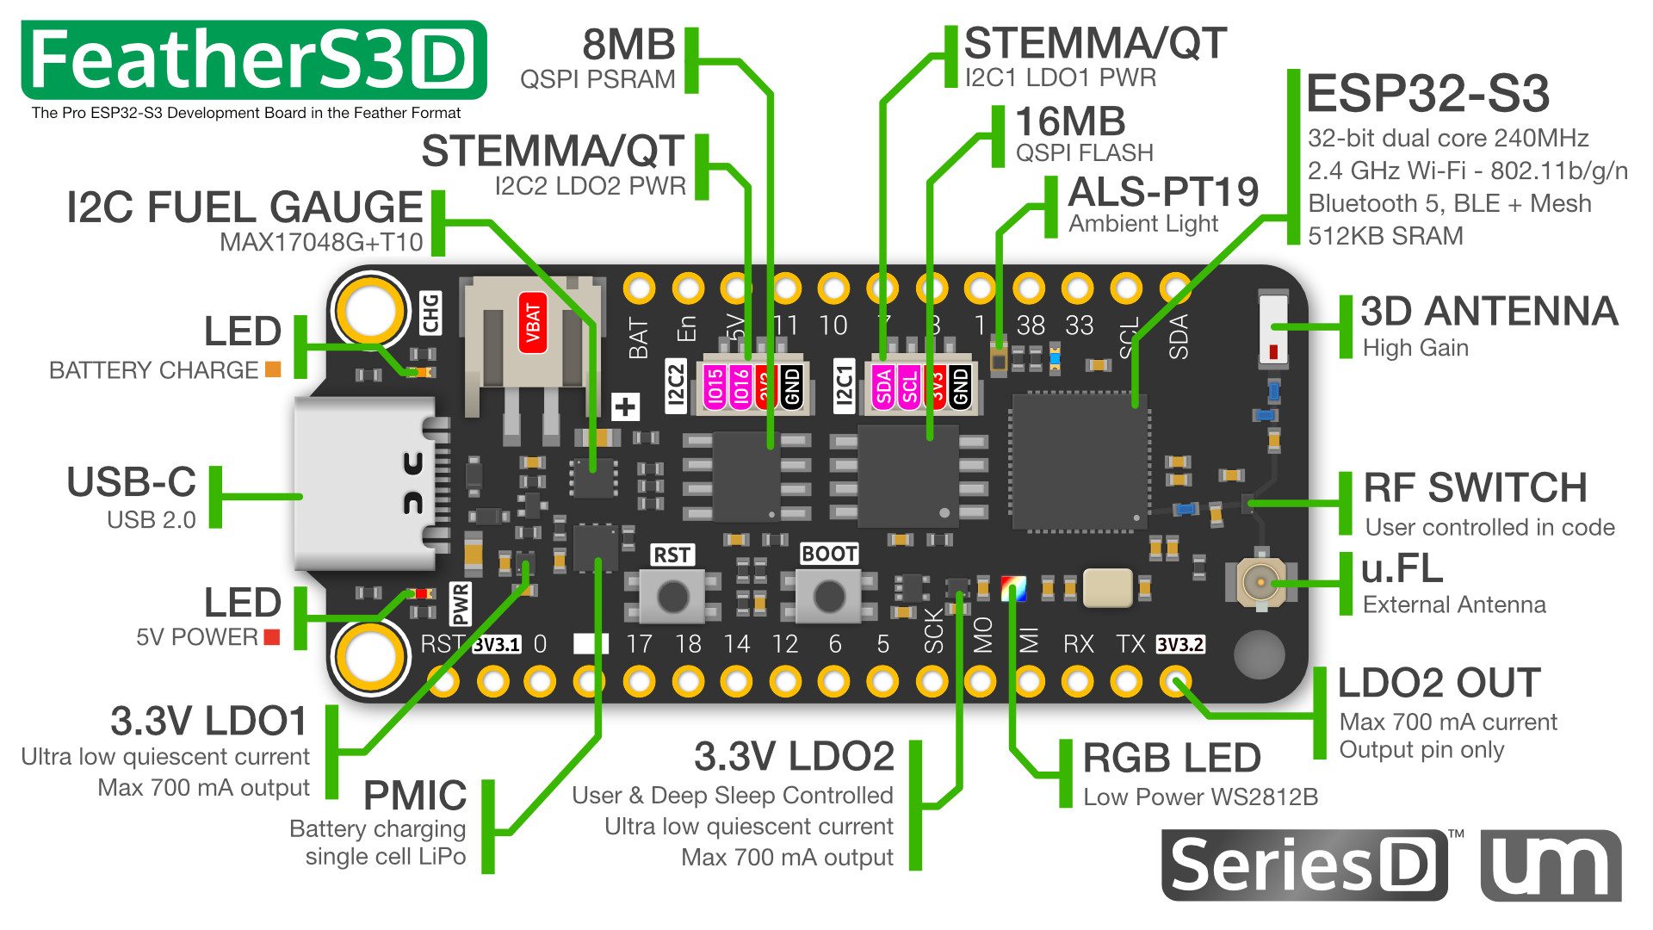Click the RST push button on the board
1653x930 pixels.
673,595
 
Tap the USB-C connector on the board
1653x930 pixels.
366,484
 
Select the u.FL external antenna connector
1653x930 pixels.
1260,582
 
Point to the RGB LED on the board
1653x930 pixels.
1013,589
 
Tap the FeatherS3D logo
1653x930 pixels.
254,60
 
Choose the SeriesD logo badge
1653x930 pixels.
1303,865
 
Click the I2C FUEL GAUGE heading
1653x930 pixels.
245,208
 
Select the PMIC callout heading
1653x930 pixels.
415,796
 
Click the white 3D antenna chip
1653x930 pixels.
1272,327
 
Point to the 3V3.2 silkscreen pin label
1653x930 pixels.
1179,645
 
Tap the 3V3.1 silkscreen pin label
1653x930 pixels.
497,645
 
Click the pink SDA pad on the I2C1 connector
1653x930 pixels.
884,387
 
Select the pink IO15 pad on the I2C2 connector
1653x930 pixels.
715,387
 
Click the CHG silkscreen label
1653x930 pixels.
430,313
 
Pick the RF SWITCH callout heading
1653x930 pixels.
1476,487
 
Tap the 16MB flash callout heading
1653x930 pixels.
1070,121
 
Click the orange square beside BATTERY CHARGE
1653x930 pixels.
273,369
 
